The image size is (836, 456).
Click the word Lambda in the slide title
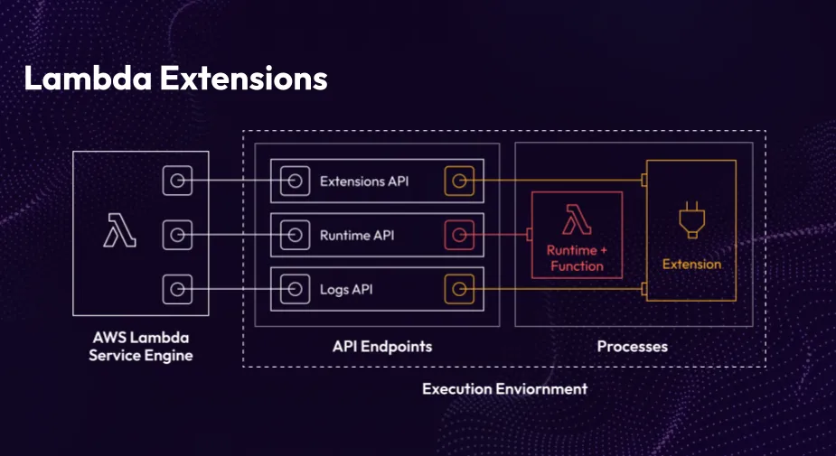click(87, 79)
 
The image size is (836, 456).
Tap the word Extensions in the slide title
click(243, 79)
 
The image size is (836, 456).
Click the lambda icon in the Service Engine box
click(119, 230)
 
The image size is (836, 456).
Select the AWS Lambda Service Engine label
click(140, 347)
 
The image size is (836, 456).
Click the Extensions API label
click(364, 181)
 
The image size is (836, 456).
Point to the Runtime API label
click(356, 236)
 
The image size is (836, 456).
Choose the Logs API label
click(346, 290)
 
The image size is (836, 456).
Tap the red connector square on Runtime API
click(459, 236)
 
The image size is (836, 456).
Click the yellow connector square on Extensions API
click(459, 181)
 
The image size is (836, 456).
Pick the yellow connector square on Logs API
click(459, 290)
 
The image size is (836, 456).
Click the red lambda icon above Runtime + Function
click(576, 220)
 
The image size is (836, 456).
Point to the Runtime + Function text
click(576, 257)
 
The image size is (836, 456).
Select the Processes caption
click(633, 347)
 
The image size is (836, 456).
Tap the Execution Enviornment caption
click(504, 389)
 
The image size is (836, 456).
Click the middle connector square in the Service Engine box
click(178, 236)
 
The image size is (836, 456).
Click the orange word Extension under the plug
click(691, 265)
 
